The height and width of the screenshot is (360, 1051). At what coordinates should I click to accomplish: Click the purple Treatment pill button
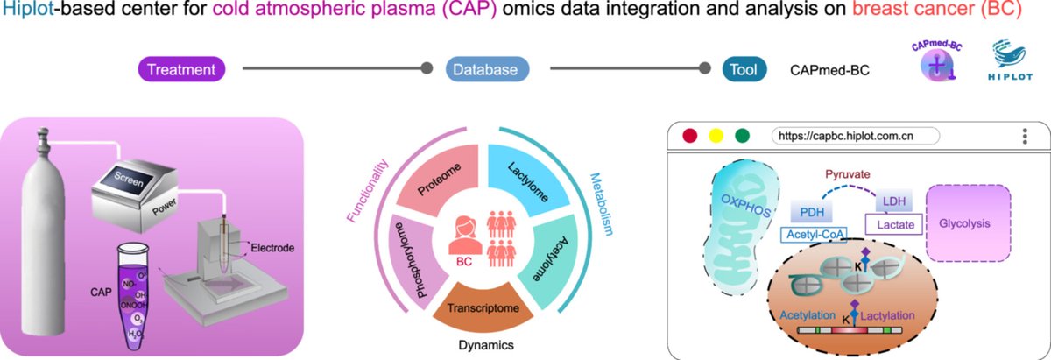tap(181, 68)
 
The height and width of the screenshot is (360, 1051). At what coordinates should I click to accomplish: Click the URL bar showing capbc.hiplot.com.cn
tap(855, 136)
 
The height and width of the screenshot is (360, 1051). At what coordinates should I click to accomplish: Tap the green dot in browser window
tap(743, 136)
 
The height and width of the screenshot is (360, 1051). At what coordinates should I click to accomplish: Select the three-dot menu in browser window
tap(1024, 136)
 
